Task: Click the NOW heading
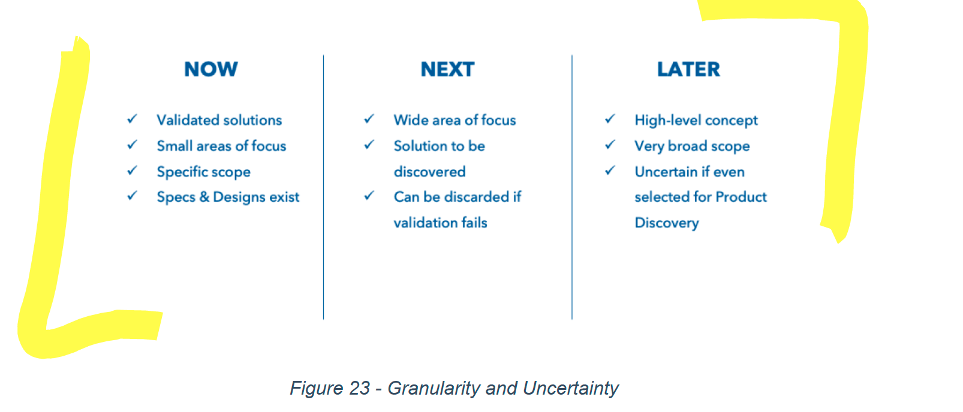tap(210, 69)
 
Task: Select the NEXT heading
tap(447, 69)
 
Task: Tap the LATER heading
tap(688, 69)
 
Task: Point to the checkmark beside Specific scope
tap(133, 171)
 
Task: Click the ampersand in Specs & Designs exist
tap(204, 197)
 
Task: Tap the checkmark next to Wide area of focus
tap(369, 119)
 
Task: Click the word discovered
tap(429, 172)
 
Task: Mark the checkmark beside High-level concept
tap(610, 119)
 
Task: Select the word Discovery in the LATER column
tap(667, 223)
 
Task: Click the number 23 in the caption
tap(359, 388)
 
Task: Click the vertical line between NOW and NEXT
tap(323, 187)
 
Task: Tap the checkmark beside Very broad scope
tap(610, 145)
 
